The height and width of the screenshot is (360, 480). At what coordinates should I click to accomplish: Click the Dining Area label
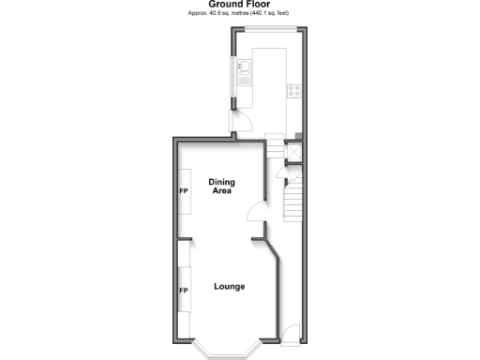pos(222,187)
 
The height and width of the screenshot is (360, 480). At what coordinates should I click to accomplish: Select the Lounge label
pos(229,286)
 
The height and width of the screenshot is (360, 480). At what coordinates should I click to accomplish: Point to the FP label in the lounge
pos(184,291)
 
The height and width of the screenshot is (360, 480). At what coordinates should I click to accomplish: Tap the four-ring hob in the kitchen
pos(293,91)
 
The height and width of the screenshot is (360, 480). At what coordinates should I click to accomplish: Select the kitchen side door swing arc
pos(241,119)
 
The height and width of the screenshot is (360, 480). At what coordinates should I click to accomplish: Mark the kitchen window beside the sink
pos(233,75)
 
